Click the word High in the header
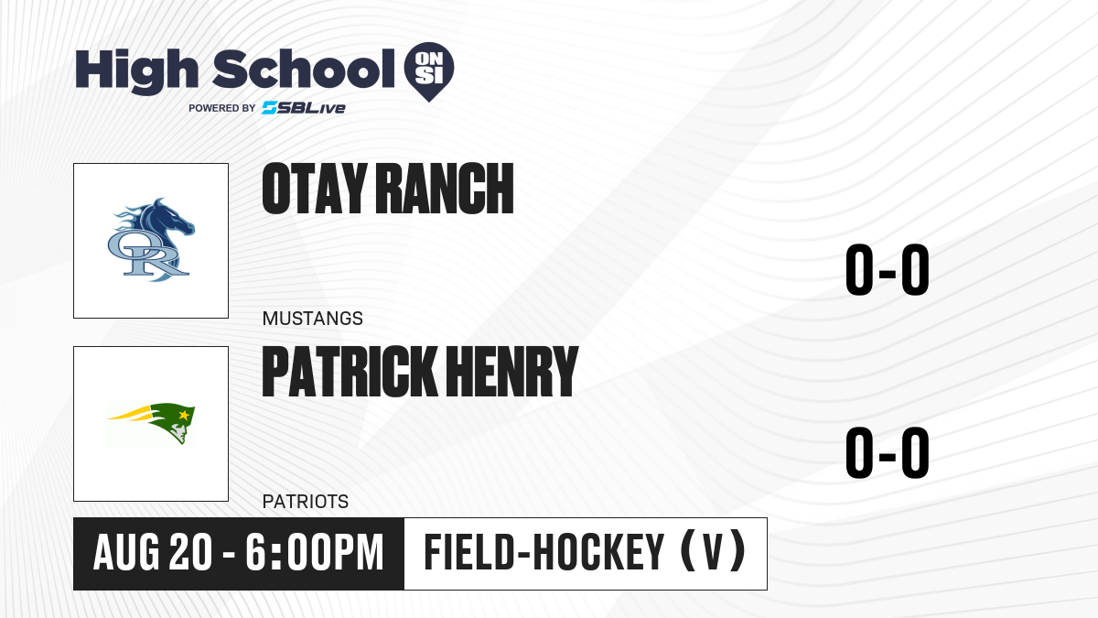[136, 71]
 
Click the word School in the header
[304, 69]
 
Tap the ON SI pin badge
[429, 71]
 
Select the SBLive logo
[304, 108]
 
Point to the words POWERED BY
[222, 108]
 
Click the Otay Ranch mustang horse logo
[151, 240]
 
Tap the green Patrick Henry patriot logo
[151, 423]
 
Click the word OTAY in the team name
[315, 189]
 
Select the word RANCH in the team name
[445, 189]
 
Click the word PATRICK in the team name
[350, 371]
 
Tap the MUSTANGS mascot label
[313, 319]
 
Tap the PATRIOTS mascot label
[306, 502]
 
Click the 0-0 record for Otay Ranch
[888, 270]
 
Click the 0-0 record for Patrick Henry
[888, 452]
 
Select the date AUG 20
[153, 552]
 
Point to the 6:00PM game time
[314, 552]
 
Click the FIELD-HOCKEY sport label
[544, 552]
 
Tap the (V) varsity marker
[713, 551]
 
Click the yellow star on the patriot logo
[184, 416]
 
